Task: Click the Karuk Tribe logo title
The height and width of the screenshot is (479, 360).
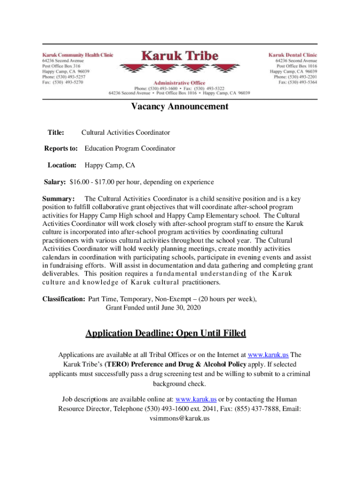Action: pyautogui.click(x=180, y=56)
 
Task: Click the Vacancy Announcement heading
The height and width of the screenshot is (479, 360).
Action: pyautogui.click(x=180, y=106)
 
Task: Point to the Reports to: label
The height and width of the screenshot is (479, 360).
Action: pyautogui.click(x=61, y=149)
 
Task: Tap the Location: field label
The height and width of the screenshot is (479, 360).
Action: pyautogui.click(x=62, y=165)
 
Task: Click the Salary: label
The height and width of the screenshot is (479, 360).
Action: pyautogui.click(x=55, y=182)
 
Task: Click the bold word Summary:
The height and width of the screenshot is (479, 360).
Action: pyautogui.click(x=58, y=198)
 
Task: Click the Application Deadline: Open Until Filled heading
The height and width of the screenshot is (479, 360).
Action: pyautogui.click(x=166, y=334)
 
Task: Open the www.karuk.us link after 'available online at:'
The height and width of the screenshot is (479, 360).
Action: pyautogui.click(x=195, y=399)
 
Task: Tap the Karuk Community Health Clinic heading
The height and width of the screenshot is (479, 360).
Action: pyautogui.click(x=78, y=55)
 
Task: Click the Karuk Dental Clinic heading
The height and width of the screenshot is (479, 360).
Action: pyautogui.click(x=293, y=55)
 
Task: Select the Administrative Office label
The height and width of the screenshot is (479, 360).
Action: pyautogui.click(x=180, y=83)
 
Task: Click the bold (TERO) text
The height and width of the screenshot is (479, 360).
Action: pyautogui.click(x=114, y=364)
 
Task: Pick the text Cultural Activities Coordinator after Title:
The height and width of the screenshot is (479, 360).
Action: pyautogui.click(x=126, y=133)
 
